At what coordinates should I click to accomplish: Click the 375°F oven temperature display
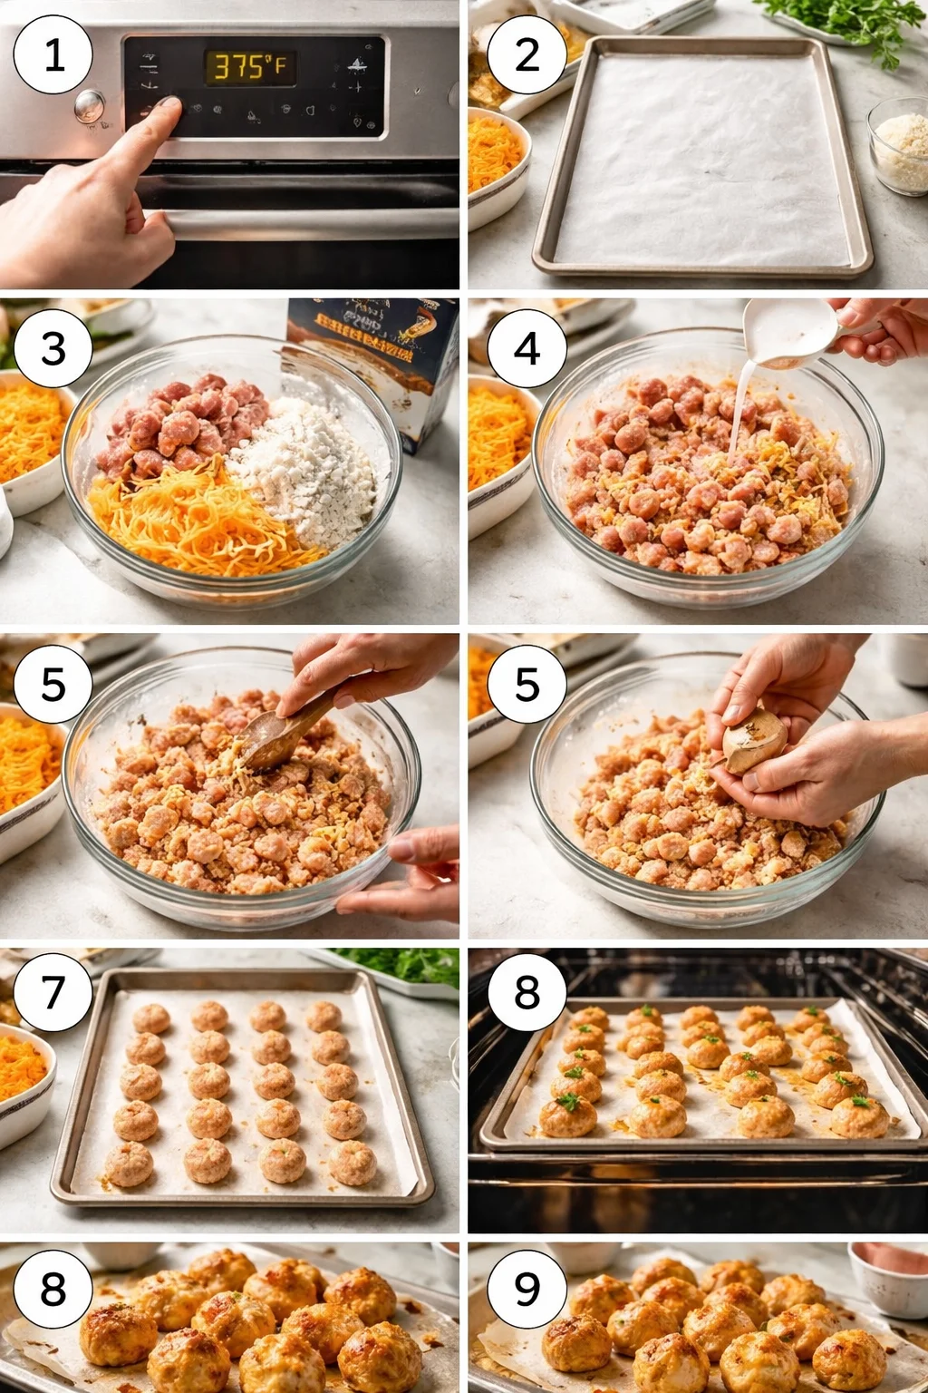pyautogui.click(x=249, y=67)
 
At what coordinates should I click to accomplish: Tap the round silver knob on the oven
pyautogui.click(x=89, y=105)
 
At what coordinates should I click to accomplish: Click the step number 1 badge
pyautogui.click(x=53, y=54)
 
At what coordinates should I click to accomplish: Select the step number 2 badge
pyautogui.click(x=527, y=54)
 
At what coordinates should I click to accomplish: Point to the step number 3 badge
pyautogui.click(x=53, y=348)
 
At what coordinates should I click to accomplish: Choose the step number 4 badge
pyautogui.click(x=527, y=348)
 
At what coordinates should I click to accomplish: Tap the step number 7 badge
pyautogui.click(x=53, y=991)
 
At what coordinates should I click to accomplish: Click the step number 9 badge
pyautogui.click(x=527, y=1288)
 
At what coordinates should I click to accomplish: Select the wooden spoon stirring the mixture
pyautogui.click(x=281, y=733)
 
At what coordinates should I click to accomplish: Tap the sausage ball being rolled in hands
pyautogui.click(x=754, y=739)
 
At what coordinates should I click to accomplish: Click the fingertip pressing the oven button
pyautogui.click(x=168, y=109)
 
